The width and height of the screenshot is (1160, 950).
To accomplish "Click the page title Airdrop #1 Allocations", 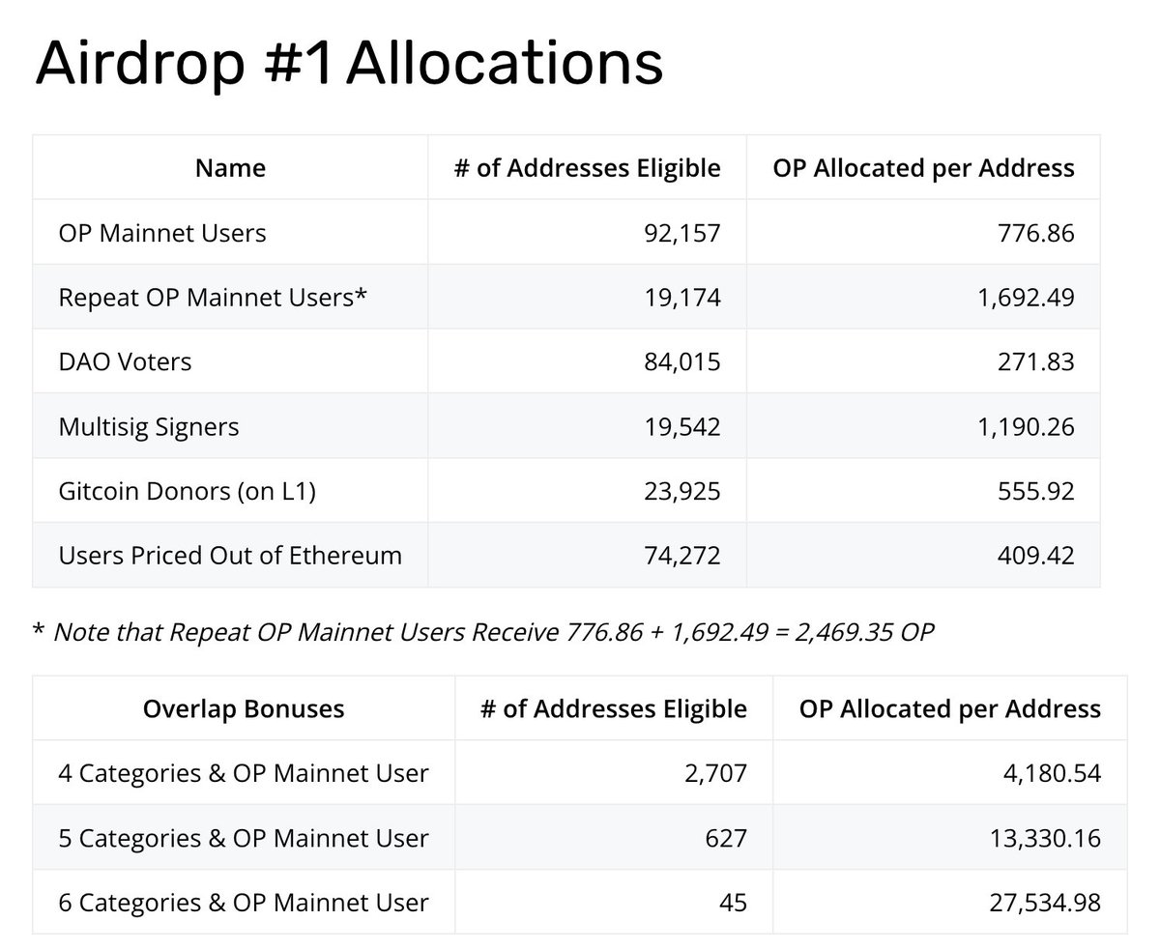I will (349, 64).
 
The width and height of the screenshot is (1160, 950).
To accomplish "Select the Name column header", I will (230, 168).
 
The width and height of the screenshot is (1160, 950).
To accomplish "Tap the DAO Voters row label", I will (125, 361).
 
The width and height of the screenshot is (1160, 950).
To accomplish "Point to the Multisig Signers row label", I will (148, 426).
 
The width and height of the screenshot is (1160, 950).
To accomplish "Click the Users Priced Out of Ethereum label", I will (230, 556).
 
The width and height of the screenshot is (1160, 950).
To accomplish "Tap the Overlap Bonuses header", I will (244, 708).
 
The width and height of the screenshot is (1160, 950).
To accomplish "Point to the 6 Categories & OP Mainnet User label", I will (244, 903).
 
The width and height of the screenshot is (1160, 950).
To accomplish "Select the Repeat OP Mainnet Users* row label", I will (213, 297).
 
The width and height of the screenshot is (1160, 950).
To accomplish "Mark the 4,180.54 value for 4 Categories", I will (1045, 773).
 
